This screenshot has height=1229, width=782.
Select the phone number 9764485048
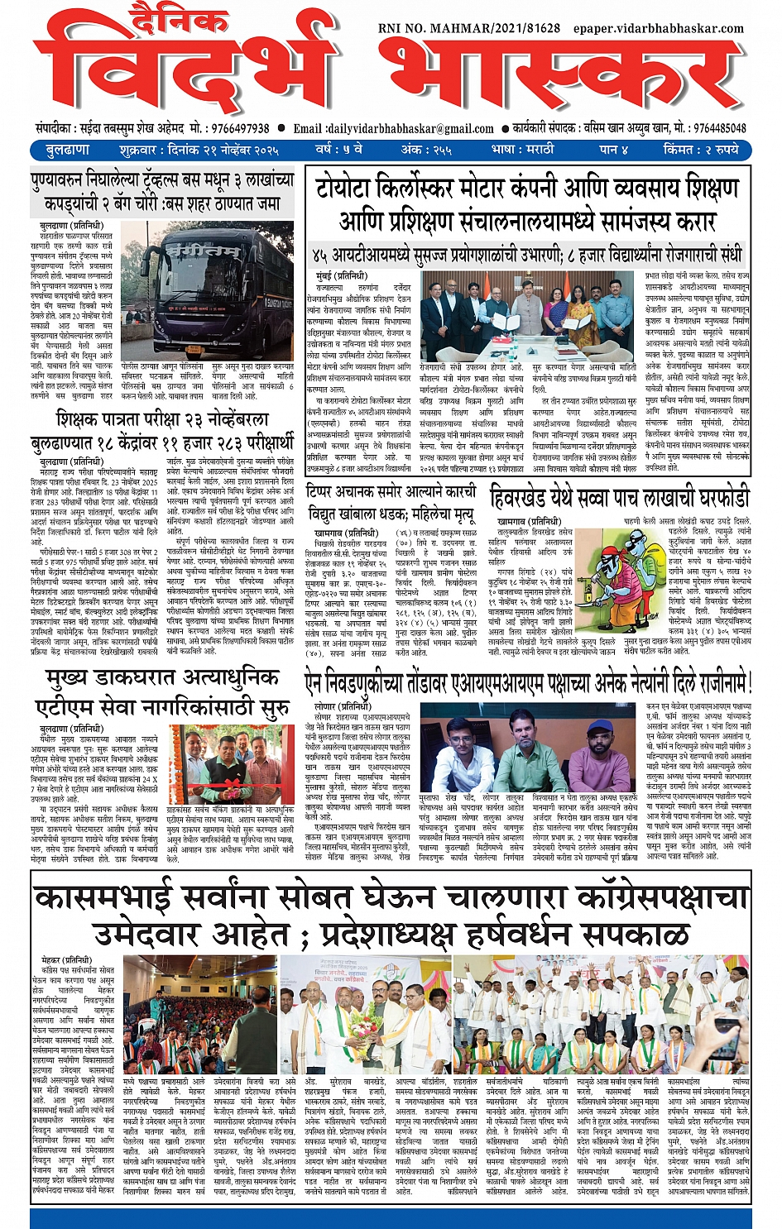[720, 128]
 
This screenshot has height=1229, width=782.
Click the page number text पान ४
[613, 150]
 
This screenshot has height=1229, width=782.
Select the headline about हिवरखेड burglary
[619, 497]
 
